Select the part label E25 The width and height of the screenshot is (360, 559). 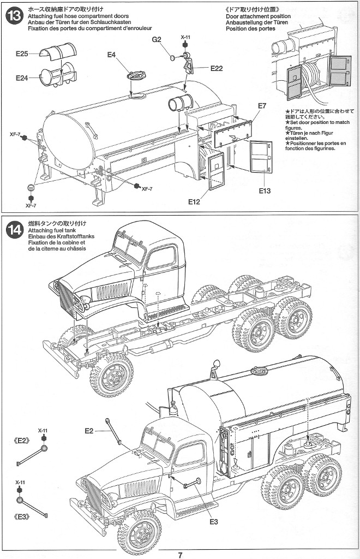click(x=22, y=53)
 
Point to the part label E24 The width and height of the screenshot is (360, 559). click(x=22, y=78)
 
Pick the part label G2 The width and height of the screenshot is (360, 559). click(x=157, y=40)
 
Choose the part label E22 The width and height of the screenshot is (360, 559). click(x=216, y=68)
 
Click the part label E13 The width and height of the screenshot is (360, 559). click(x=265, y=191)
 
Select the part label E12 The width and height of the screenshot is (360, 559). click(x=195, y=202)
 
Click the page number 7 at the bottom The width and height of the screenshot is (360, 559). click(x=179, y=555)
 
